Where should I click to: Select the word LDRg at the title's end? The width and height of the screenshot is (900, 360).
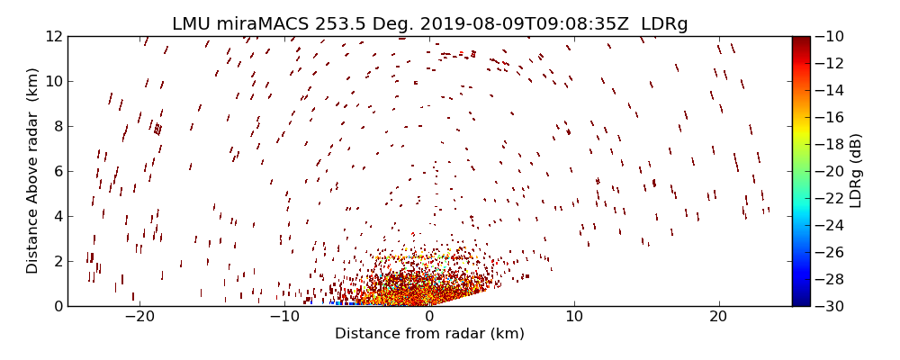tap(664, 23)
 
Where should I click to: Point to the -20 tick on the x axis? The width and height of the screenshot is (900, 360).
tap(139, 317)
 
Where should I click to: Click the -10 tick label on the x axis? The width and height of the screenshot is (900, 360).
tap(284, 317)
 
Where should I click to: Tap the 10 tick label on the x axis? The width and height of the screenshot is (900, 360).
tap(574, 317)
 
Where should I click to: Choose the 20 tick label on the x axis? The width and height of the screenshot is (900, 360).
tap(718, 317)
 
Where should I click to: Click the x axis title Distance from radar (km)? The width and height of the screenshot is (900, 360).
tap(429, 334)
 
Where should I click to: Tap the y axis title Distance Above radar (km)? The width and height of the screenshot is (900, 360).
tap(33, 171)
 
